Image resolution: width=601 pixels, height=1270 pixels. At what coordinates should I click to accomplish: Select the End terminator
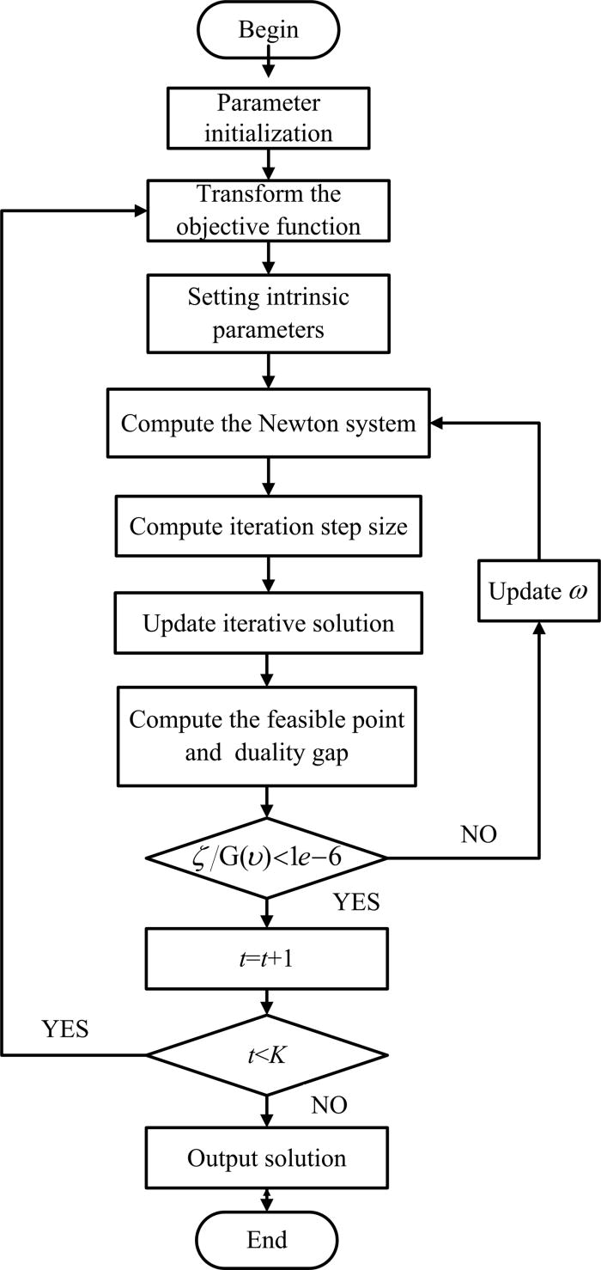coord(267,1238)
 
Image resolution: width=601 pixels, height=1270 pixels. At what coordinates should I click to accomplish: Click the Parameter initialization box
coord(269,119)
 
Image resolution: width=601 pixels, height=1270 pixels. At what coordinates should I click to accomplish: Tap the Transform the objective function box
coord(269,211)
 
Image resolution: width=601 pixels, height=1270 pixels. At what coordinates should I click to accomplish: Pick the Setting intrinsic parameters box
coord(269,313)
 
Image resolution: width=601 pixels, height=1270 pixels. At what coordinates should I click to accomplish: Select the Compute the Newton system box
coord(269,424)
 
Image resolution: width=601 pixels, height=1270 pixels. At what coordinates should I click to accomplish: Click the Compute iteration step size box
coord(269,525)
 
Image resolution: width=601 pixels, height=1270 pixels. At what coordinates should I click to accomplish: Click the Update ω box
coord(538,593)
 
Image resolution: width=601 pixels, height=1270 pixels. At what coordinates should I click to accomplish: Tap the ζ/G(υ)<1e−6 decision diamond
coord(269,857)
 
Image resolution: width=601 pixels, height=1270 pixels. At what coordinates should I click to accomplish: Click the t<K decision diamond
coord(269,1054)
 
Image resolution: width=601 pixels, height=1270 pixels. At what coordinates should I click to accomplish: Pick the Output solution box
coord(267,1157)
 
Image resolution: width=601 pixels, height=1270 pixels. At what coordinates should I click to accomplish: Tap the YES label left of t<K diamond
coord(64,1029)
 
